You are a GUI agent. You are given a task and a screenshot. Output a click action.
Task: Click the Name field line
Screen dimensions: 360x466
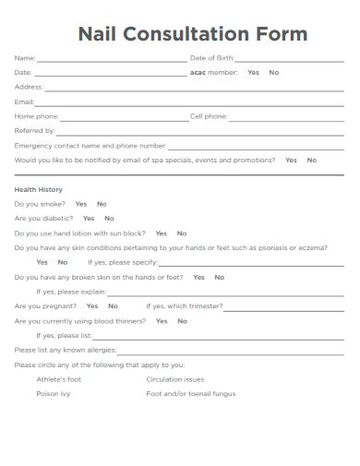[111, 60]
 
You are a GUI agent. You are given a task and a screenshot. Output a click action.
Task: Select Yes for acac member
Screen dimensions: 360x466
[253, 72]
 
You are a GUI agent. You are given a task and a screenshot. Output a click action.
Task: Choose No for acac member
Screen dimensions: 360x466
[274, 72]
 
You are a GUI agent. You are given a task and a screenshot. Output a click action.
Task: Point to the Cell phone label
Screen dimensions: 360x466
[209, 116]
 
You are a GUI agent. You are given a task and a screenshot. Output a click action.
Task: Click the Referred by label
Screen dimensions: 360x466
[35, 130]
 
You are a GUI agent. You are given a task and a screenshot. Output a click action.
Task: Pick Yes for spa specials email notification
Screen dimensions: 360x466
[291, 160]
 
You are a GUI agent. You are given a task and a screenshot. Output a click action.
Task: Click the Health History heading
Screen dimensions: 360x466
[39, 190]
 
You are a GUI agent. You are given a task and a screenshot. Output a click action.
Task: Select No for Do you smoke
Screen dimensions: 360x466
[102, 204]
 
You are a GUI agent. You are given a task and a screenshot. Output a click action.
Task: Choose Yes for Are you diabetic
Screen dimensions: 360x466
[89, 219]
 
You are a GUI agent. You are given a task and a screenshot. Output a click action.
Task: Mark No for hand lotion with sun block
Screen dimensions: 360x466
[182, 233]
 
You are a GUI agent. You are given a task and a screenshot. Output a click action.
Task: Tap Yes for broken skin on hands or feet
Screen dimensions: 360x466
[198, 277]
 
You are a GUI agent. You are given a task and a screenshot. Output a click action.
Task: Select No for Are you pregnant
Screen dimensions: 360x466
[113, 305]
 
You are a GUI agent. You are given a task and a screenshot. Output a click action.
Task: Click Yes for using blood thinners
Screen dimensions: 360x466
[162, 321]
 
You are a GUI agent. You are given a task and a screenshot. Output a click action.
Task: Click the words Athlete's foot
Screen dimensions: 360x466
[59, 379]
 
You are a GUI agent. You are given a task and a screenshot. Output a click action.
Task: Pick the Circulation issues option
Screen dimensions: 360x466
[175, 379]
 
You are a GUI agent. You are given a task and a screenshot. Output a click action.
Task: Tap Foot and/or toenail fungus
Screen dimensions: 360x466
[191, 394]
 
